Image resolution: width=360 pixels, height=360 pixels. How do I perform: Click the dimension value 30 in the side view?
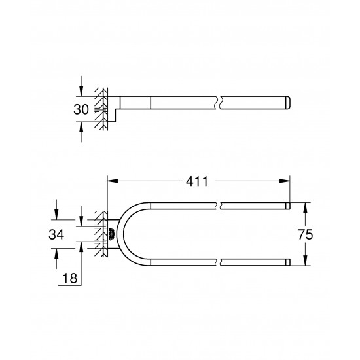(81, 109)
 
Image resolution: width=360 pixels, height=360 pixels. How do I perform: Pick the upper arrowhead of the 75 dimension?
(306, 206)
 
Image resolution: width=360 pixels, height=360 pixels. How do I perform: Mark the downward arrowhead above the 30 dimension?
(81, 92)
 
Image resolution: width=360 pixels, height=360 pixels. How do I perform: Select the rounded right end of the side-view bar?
(288, 102)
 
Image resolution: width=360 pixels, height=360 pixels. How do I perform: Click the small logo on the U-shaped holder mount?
(111, 234)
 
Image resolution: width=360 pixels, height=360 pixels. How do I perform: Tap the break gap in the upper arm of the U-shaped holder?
(219, 206)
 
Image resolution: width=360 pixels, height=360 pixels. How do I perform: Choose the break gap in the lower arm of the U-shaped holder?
(219, 262)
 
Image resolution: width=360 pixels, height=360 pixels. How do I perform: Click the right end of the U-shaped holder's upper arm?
(288, 206)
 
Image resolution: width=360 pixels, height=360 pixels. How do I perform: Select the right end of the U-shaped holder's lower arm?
(288, 262)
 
